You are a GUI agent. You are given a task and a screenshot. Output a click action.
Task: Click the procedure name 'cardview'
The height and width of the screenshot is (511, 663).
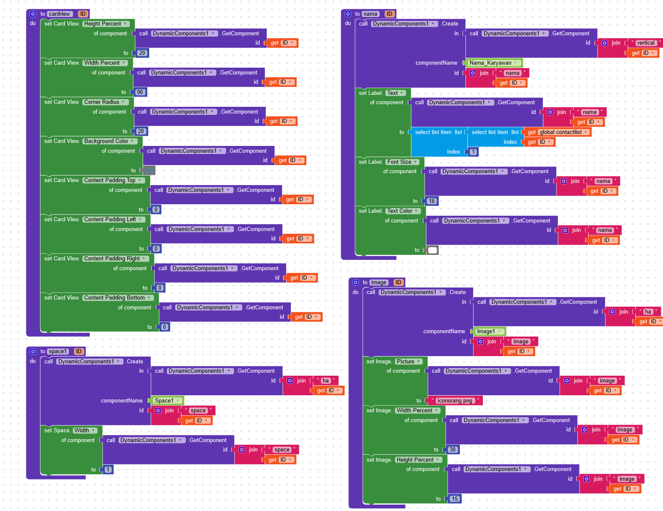pyautogui.click(x=59, y=14)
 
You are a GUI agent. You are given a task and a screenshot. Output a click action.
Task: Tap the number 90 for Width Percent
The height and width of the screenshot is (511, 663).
pyautogui.click(x=140, y=92)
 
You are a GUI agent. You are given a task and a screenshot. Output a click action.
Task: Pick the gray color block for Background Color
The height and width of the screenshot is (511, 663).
pyautogui.click(x=149, y=171)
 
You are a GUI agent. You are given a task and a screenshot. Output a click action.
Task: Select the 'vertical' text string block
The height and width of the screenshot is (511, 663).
pyautogui.click(x=646, y=43)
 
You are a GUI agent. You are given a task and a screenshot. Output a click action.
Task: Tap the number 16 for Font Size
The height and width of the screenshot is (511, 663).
pyautogui.click(x=432, y=201)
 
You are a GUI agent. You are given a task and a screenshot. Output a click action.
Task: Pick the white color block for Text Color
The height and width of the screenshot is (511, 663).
pyautogui.click(x=433, y=250)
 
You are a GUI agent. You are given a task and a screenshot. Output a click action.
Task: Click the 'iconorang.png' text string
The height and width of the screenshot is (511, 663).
pyautogui.click(x=455, y=401)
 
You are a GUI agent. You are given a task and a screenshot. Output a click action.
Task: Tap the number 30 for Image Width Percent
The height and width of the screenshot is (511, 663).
pyautogui.click(x=452, y=450)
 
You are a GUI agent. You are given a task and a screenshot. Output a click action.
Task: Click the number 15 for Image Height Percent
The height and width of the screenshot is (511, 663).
pyautogui.click(x=455, y=499)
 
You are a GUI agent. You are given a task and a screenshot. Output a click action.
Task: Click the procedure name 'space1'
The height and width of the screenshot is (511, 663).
pyautogui.click(x=57, y=351)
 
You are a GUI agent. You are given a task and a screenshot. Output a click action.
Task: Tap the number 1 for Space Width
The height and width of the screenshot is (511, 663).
pyautogui.click(x=108, y=470)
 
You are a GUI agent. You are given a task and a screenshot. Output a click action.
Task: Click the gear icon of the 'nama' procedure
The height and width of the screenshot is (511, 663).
pyautogui.click(x=348, y=14)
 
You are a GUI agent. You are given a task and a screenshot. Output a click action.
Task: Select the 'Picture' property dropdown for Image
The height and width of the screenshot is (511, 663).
pyautogui.click(x=408, y=362)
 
